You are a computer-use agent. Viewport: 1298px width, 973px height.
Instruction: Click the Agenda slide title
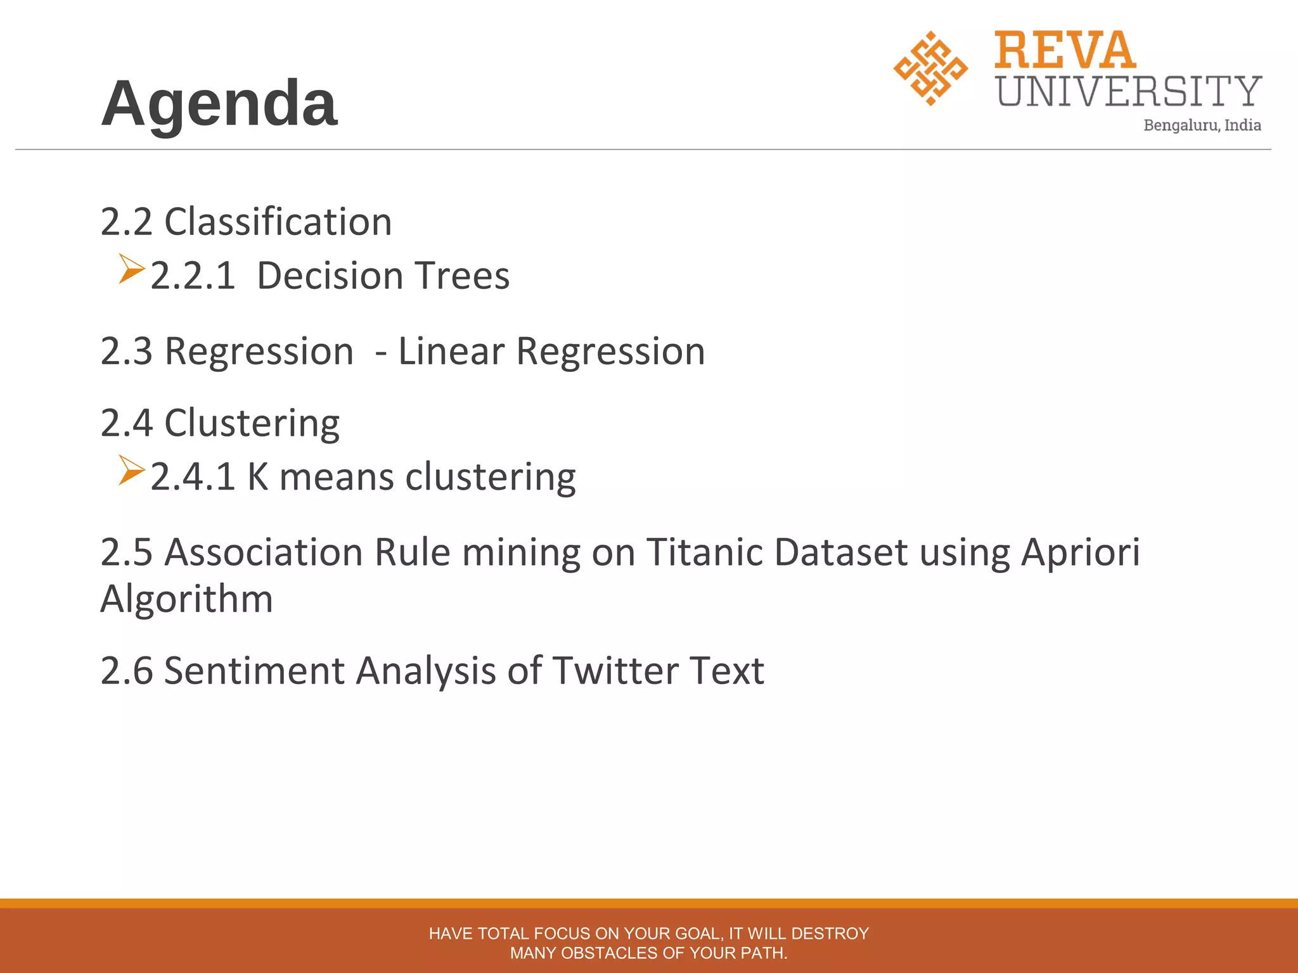pyautogui.click(x=219, y=104)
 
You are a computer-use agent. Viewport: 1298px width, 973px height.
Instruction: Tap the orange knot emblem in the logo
pyautogui.click(x=930, y=68)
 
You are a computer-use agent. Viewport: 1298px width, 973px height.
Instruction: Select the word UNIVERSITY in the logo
pyautogui.click(x=1129, y=91)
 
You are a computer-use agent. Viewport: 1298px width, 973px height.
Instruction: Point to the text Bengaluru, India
pyautogui.click(x=1202, y=125)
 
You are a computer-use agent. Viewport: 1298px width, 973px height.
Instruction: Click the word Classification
pyautogui.click(x=278, y=222)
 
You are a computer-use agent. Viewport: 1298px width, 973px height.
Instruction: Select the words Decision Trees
pyautogui.click(x=383, y=276)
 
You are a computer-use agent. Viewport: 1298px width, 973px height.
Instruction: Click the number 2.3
pyautogui.click(x=126, y=352)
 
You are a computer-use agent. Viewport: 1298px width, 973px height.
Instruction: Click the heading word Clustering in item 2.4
pyautogui.click(x=252, y=423)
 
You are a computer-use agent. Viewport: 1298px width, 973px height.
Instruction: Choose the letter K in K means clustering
pyautogui.click(x=258, y=477)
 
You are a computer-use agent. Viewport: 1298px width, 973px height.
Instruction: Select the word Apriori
pyautogui.click(x=1080, y=552)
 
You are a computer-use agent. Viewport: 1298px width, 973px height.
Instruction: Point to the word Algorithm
pyautogui.click(x=186, y=599)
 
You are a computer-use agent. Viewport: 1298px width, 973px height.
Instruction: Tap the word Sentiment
pyautogui.click(x=254, y=670)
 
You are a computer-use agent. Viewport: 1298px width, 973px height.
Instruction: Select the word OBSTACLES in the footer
pyautogui.click(x=610, y=953)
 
